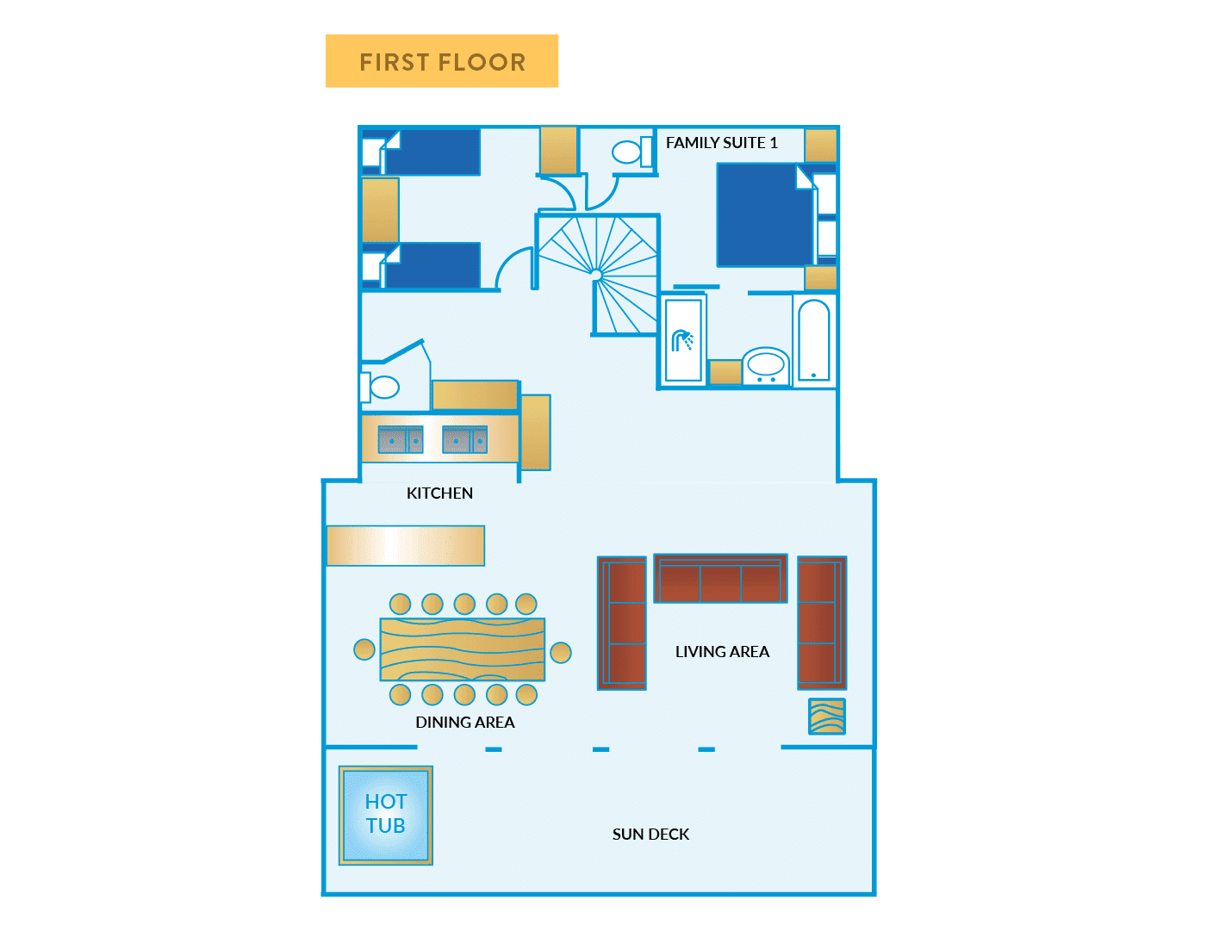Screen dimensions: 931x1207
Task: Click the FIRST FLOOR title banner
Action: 441,61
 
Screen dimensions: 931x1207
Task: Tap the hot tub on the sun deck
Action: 385,815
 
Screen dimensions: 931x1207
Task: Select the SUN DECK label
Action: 650,834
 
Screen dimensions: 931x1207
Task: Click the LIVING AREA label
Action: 722,652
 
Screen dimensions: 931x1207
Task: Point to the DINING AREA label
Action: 464,723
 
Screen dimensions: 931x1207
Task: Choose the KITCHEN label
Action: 439,493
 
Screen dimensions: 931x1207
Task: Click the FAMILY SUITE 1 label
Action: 721,143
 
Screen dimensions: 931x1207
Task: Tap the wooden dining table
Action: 463,649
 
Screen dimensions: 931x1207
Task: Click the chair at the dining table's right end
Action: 561,653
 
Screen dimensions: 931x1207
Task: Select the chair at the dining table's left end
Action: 364,649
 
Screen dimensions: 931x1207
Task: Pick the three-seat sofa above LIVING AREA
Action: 720,579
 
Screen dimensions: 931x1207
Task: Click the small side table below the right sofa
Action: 827,717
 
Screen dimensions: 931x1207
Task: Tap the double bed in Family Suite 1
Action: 764,215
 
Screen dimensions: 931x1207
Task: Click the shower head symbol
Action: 682,340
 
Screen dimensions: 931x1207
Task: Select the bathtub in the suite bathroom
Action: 813,340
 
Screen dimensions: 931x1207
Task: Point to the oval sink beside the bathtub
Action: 765,364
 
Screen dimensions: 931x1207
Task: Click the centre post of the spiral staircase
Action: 596,275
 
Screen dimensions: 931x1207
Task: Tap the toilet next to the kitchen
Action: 382,388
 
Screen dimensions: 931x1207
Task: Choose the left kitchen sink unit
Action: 401,440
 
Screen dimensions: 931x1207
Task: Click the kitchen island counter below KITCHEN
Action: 405,545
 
